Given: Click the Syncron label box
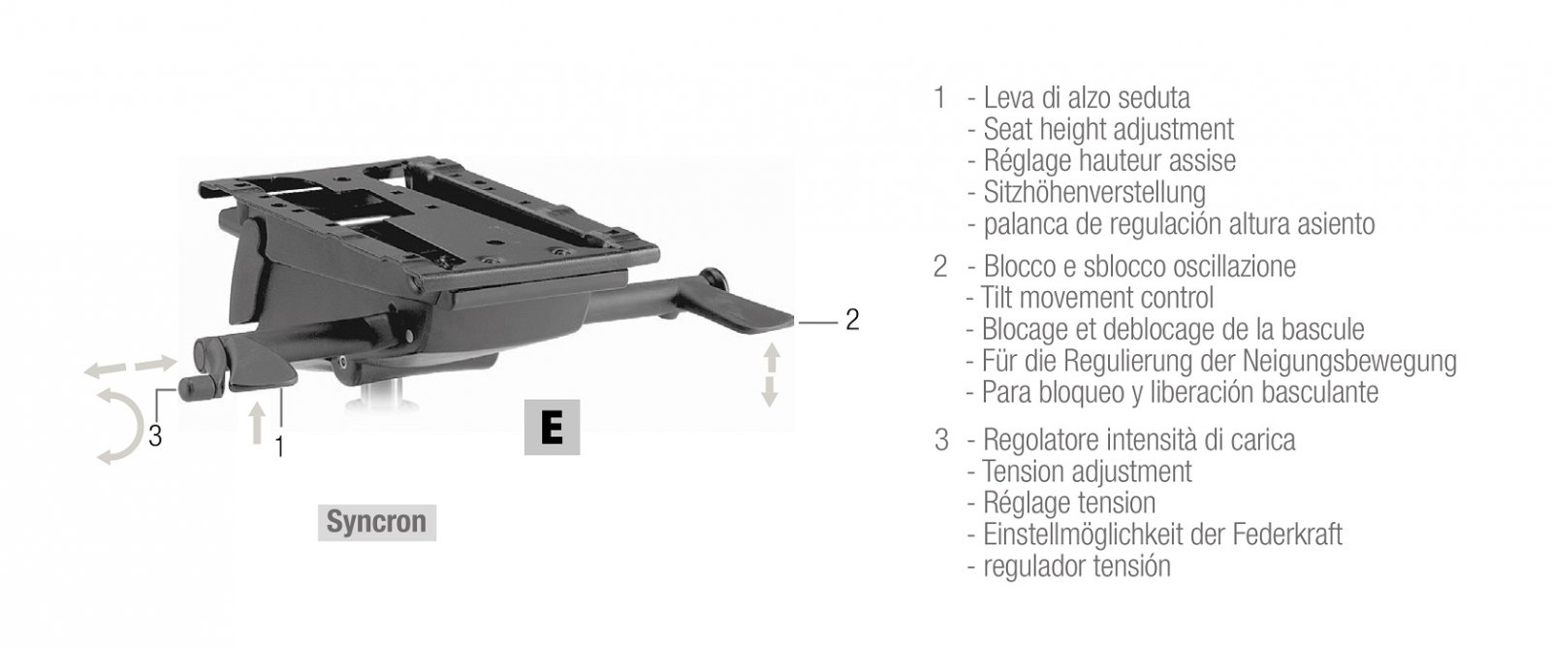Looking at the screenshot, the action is (x=377, y=522).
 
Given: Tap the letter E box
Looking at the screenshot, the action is (x=552, y=428).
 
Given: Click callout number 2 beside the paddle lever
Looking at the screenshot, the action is (x=852, y=319).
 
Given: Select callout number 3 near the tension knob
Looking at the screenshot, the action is (x=155, y=436).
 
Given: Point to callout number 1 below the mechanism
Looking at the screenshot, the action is (x=279, y=447).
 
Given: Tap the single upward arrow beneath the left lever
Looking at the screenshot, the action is (x=258, y=423).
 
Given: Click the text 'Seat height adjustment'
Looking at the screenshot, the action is (x=1108, y=130).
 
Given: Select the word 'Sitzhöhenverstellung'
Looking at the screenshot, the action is (x=1094, y=192).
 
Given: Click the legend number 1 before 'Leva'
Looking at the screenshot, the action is (x=939, y=98).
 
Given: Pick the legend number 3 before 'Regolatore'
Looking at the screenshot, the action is (x=941, y=439).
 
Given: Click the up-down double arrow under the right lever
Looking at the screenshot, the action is (x=771, y=374).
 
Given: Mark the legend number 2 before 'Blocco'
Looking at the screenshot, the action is (x=940, y=267).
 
